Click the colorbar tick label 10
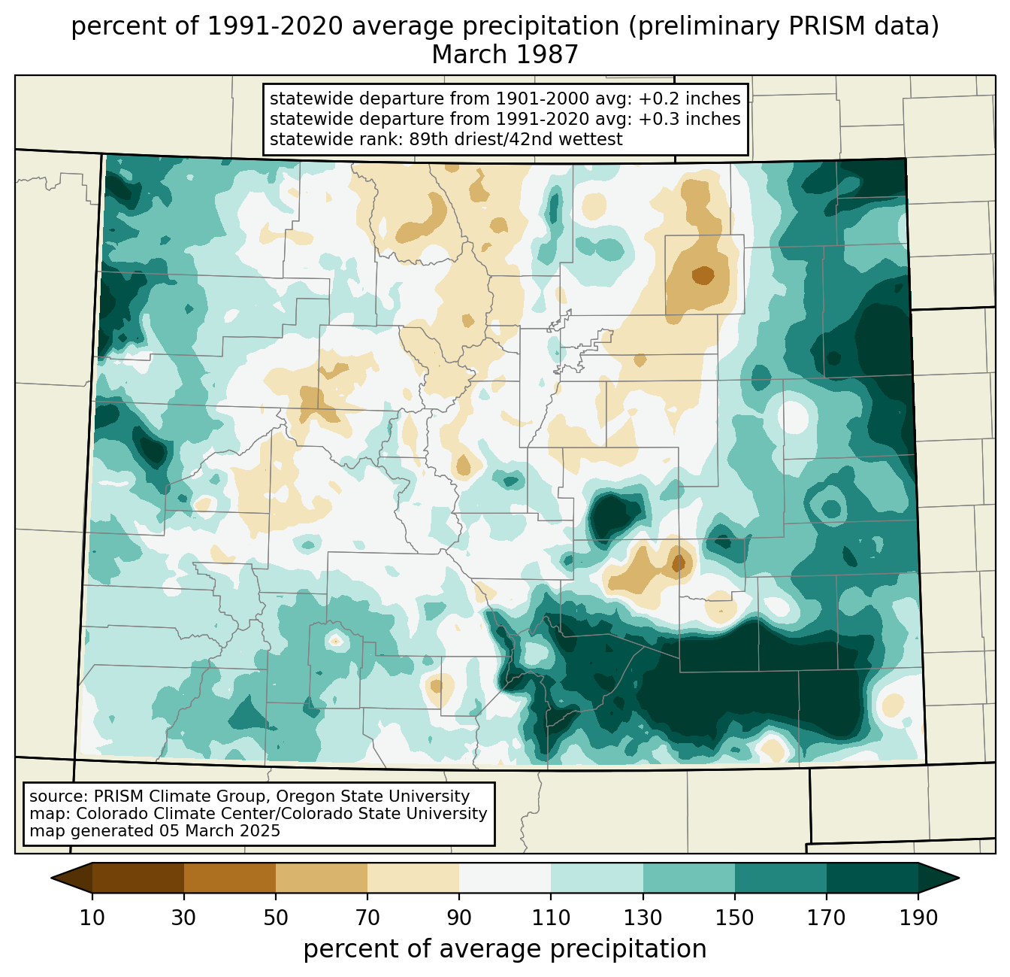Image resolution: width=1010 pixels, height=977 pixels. tap(92, 918)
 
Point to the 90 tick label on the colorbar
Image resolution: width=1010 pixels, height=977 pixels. tap(459, 918)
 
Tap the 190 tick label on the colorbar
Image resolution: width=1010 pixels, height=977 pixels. tap(918, 918)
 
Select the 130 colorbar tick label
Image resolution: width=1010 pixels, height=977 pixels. tap(643, 918)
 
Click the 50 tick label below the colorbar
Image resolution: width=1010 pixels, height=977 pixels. tap(276, 918)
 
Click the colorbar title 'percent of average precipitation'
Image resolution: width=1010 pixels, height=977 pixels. tap(505, 949)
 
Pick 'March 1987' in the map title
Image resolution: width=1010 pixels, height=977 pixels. tap(505, 54)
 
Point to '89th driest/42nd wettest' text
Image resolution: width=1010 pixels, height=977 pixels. tap(516, 139)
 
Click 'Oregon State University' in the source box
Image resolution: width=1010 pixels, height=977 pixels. tap(373, 796)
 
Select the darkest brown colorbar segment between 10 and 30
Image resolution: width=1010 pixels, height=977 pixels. tap(138, 878)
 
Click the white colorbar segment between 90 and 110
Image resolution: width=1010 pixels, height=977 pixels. tap(505, 878)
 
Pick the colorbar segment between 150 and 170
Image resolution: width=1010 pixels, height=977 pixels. tap(780, 878)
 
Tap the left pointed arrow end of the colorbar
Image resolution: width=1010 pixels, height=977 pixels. tap(71, 878)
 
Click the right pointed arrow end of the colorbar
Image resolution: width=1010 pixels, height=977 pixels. tap(939, 878)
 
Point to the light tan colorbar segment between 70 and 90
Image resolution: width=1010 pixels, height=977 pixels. tap(413, 878)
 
